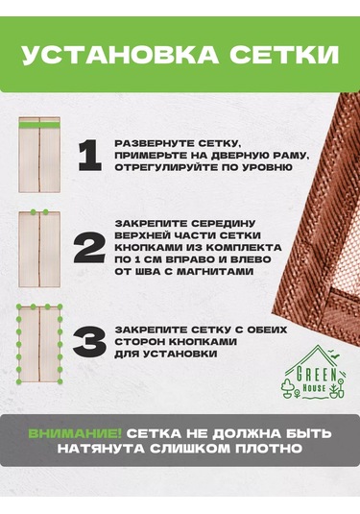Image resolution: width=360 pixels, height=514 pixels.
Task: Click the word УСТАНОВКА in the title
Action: (120, 55)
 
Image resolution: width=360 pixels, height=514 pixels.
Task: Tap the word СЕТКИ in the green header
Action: (284, 55)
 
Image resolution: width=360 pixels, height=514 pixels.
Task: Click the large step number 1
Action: (89, 156)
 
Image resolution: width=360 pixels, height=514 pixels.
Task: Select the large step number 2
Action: (89, 248)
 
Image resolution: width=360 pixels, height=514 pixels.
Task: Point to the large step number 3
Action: (89, 342)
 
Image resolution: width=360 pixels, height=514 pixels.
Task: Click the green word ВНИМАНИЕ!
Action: (75, 433)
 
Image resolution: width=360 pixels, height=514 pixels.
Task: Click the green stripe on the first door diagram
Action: (39, 125)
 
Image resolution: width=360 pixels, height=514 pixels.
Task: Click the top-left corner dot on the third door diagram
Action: (19, 307)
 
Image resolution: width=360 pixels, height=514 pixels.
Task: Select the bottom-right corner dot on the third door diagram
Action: (60, 381)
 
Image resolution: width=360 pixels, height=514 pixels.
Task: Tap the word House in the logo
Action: (315, 388)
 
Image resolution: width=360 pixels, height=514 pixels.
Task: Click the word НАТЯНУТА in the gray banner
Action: (101, 449)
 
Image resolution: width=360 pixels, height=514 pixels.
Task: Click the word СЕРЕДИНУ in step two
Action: (223, 223)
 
